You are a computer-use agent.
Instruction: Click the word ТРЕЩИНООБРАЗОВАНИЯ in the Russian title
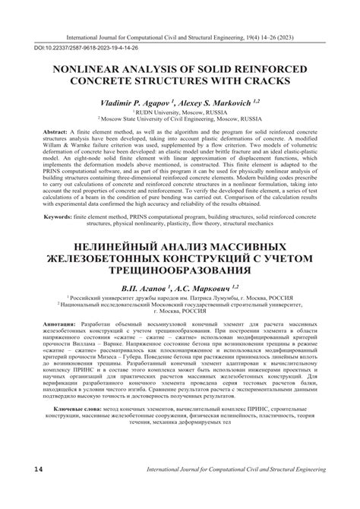click(180, 270)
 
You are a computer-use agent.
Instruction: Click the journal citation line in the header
click(180, 34)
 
